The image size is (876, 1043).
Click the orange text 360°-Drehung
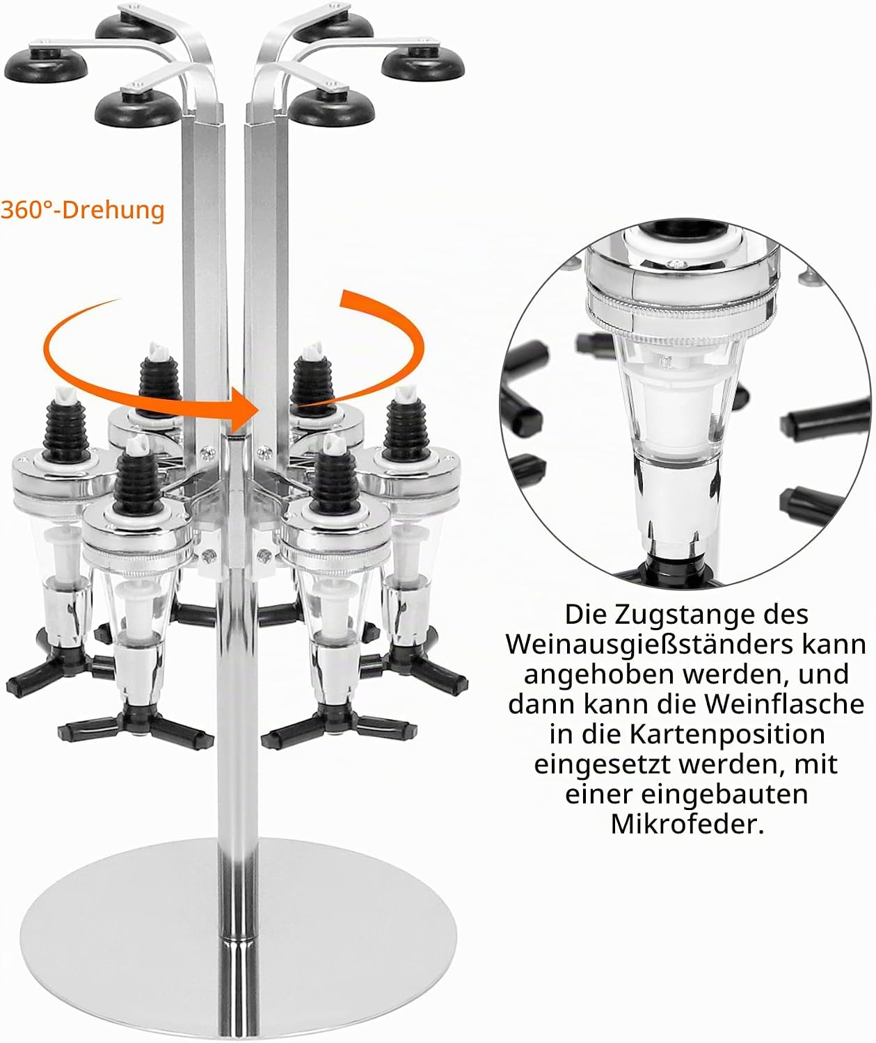[83, 210]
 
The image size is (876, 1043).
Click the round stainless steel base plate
[238, 939]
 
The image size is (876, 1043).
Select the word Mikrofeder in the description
[687, 824]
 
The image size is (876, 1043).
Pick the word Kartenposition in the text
[727, 734]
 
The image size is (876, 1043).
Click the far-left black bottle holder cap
[45, 65]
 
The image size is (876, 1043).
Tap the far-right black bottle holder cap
[423, 64]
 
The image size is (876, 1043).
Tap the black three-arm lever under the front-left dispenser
[136, 727]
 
